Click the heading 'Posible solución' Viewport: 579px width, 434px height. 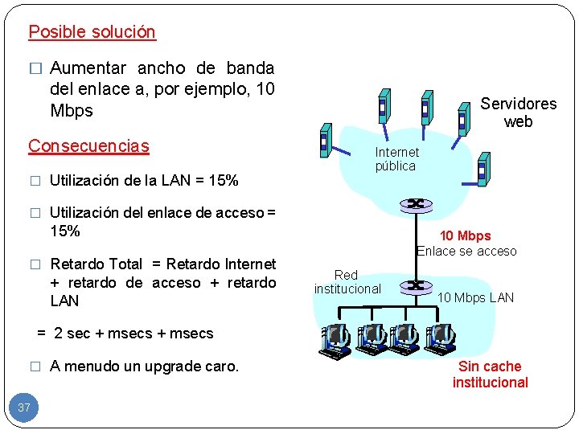(92, 32)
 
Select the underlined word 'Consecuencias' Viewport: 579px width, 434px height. (88, 145)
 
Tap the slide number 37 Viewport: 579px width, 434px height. (24, 407)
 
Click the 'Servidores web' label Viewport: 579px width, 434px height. (518, 113)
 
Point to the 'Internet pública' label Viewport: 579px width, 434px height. (396, 159)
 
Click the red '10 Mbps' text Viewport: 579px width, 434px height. (465, 235)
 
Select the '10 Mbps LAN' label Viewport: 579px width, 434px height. (475, 297)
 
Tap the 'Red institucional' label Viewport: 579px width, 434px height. (347, 281)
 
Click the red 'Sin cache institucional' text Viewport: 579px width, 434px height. (490, 375)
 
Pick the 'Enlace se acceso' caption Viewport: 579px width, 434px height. (466, 251)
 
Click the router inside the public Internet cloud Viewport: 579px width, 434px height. (416, 204)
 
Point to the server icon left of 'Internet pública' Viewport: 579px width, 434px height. (324, 140)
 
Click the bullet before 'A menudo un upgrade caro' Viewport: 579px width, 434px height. (35, 366)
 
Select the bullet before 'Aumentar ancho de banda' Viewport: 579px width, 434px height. (35, 68)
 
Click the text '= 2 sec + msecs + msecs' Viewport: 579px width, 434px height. (125, 333)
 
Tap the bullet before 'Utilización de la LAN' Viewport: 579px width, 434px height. (35, 181)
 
